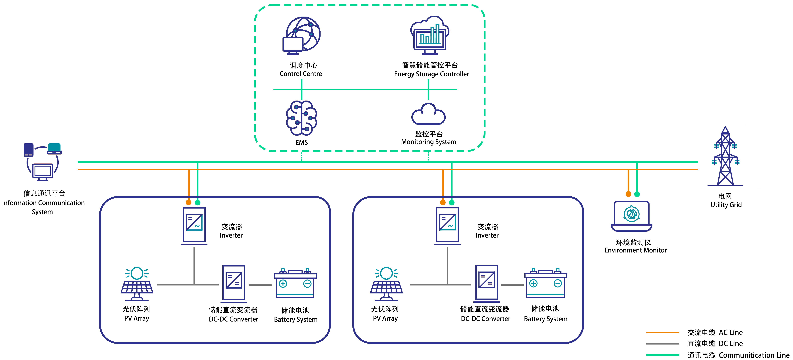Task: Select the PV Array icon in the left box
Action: pyautogui.click(x=137, y=284)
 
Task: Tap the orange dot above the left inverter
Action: pyautogui.click(x=188, y=202)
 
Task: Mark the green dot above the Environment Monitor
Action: pyautogui.click(x=637, y=194)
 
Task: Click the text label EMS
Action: pyautogui.click(x=301, y=142)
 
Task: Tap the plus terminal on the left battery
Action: pyautogui.click(x=283, y=283)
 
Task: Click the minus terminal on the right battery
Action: pyautogui.click(x=557, y=283)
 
